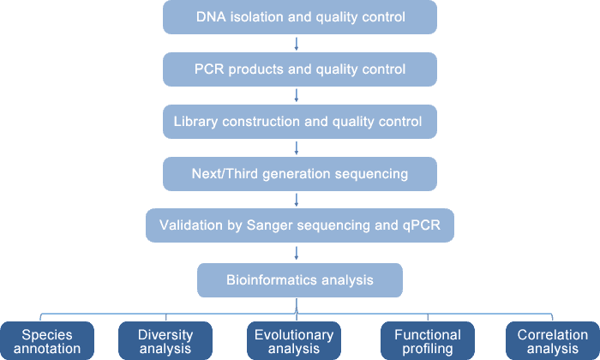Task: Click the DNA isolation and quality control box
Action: pos(300,17)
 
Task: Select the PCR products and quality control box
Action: pos(300,69)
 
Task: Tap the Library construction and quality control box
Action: pos(300,122)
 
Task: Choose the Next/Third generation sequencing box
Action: pos(300,174)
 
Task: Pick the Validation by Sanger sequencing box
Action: pos(300,225)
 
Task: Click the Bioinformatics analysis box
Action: pos(300,280)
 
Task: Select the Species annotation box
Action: pos(47,341)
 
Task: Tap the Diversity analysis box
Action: pos(165,341)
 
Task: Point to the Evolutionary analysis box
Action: pos(294,341)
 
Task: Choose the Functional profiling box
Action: pos(428,341)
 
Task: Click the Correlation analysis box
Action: pos(553,341)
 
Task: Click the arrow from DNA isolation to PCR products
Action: pos(297,44)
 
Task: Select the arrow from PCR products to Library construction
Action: pos(297,96)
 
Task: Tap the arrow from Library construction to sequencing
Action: pos(297,148)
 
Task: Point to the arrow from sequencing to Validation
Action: pos(297,200)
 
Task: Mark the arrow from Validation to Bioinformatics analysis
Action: pos(297,253)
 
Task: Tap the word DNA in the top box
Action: pos(211,17)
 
